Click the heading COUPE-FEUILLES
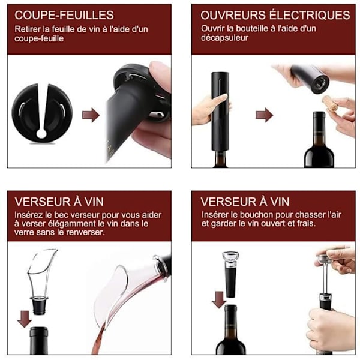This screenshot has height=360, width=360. [64, 15]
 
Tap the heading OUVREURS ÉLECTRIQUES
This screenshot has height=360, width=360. [275, 14]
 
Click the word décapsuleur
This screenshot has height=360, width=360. [224, 38]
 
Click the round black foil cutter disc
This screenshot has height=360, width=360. [42, 113]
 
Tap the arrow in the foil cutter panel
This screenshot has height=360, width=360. [91, 115]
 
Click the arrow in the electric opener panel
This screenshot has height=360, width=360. [264, 115]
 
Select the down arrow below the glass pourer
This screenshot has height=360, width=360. [25, 319]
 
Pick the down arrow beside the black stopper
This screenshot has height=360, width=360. [219, 299]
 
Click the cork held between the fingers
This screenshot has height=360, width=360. [330, 104]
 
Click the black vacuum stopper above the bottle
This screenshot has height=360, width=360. [230, 275]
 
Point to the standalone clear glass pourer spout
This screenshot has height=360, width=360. [41, 272]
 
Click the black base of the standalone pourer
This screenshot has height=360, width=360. [39, 305]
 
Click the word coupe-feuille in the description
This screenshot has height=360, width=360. [39, 38]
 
